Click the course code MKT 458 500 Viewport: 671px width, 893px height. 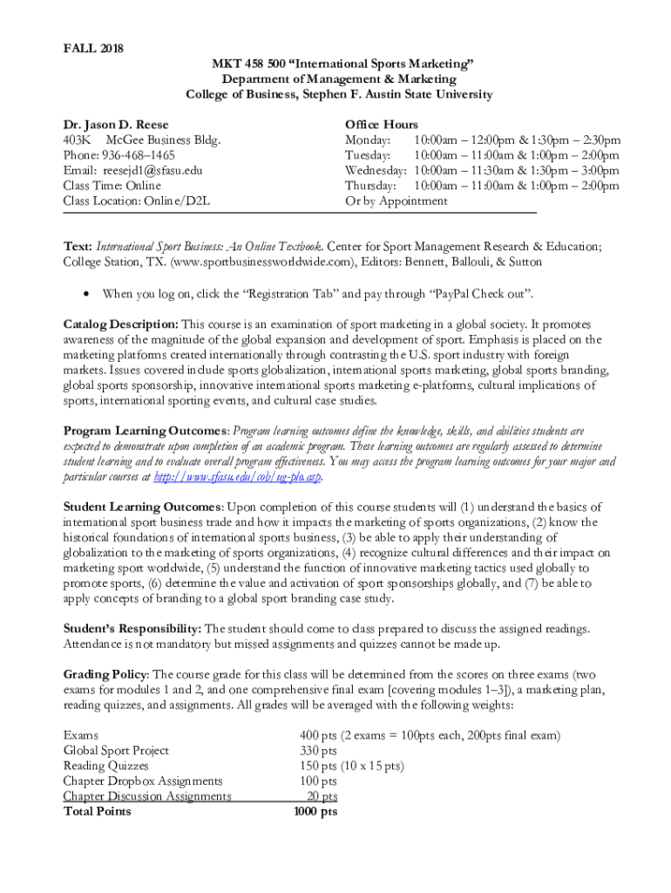(x=254, y=64)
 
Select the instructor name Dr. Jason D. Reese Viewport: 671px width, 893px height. (x=116, y=125)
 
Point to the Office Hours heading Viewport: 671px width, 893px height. (x=382, y=125)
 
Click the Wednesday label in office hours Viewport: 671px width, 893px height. (x=376, y=170)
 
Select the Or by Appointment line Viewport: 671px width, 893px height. (x=396, y=201)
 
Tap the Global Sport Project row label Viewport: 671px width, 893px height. (x=116, y=751)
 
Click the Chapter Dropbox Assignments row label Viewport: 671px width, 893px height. (x=143, y=781)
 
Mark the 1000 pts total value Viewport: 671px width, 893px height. (x=315, y=811)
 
